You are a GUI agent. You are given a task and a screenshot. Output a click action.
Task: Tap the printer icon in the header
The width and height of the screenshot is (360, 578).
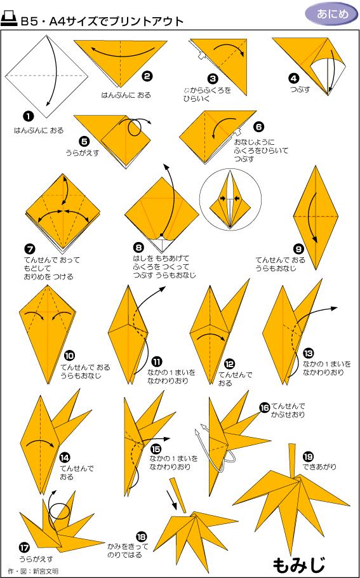(10, 20)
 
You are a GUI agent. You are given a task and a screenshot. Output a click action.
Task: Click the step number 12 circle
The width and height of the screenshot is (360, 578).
(229, 364)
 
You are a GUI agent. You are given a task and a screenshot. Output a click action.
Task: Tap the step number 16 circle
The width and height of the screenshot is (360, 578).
(264, 407)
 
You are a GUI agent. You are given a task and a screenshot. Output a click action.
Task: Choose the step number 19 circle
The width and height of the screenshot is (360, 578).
(308, 457)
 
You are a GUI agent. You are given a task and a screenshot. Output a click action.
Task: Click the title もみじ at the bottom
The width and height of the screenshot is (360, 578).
(299, 563)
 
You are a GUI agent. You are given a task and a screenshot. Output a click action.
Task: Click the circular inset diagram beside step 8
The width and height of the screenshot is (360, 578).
(227, 199)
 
